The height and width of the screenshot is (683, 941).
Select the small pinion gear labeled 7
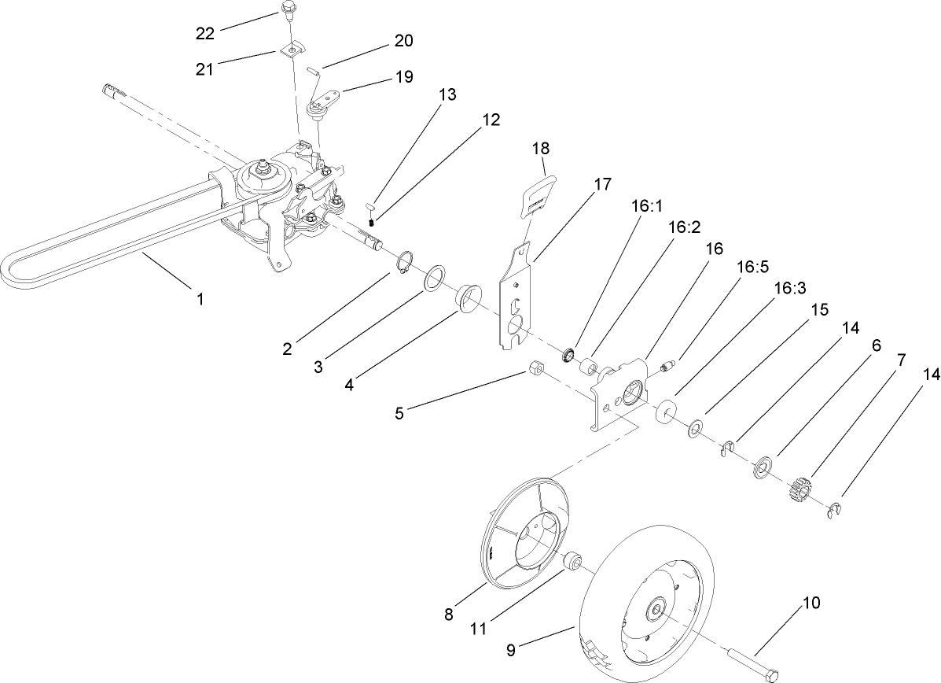pyautogui.click(x=799, y=492)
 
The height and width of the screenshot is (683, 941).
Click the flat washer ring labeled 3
pyautogui.click(x=435, y=279)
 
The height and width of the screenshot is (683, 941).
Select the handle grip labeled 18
pyautogui.click(x=539, y=193)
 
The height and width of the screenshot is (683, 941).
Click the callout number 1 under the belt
pyautogui.click(x=200, y=298)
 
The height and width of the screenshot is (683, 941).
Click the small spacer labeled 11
pyautogui.click(x=572, y=562)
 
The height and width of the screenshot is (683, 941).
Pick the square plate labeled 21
pyautogui.click(x=291, y=50)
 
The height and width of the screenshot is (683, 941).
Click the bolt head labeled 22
pyautogui.click(x=289, y=11)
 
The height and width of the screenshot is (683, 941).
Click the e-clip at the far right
pyautogui.click(x=836, y=511)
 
